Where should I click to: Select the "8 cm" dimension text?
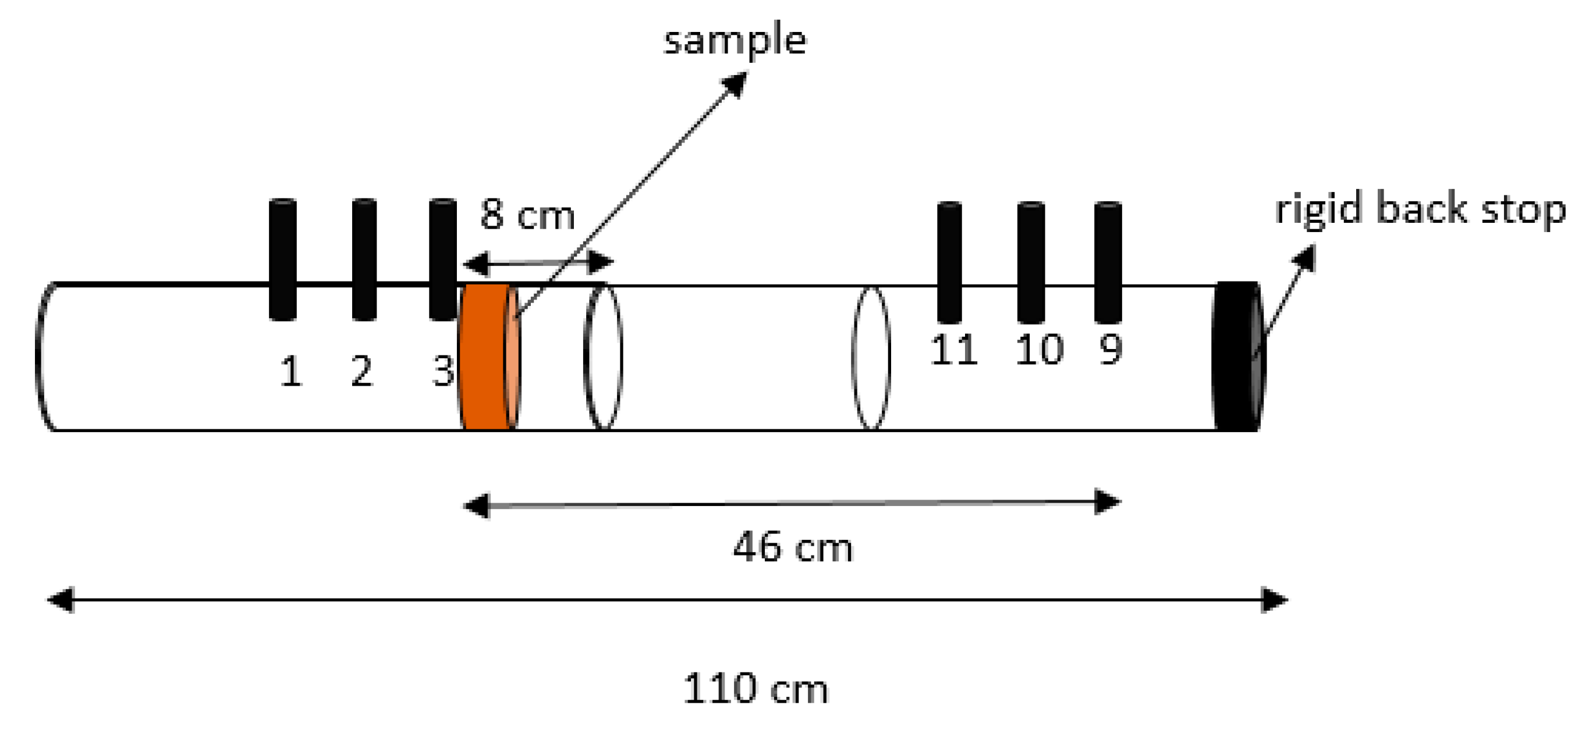point(527,215)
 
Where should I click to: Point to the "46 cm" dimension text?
point(793,547)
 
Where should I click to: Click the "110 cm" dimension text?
point(756,689)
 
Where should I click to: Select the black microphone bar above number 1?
point(282,259)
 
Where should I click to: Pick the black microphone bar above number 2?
point(364,259)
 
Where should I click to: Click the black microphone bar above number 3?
point(442,259)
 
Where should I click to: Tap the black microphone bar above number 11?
point(949,262)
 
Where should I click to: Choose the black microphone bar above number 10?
point(1031,262)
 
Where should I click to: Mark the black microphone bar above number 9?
point(1108,262)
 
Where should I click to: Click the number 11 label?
point(953,350)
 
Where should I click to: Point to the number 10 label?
point(1040,350)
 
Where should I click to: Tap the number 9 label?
point(1111,350)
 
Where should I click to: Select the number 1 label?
point(291,372)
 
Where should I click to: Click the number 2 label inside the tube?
point(362,372)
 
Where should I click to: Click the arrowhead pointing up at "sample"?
point(736,83)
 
